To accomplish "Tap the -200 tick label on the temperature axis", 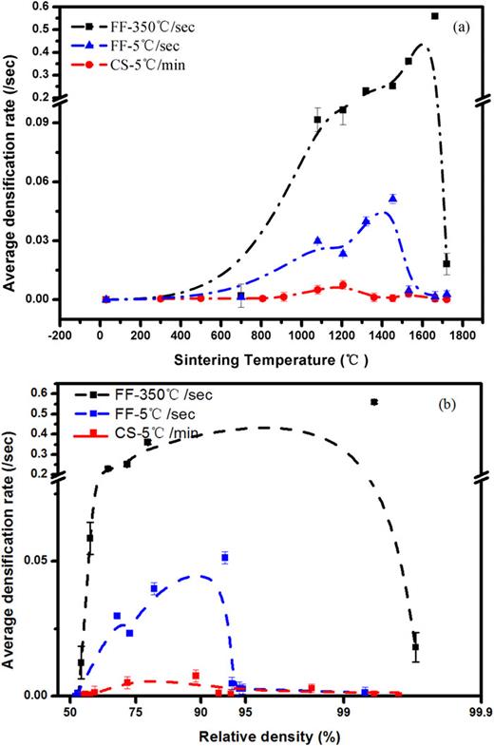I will click(x=59, y=334).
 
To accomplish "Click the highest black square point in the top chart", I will click(x=435, y=16).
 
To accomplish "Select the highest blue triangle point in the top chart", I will click(x=392, y=199).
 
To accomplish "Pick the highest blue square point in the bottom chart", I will click(x=225, y=558).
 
